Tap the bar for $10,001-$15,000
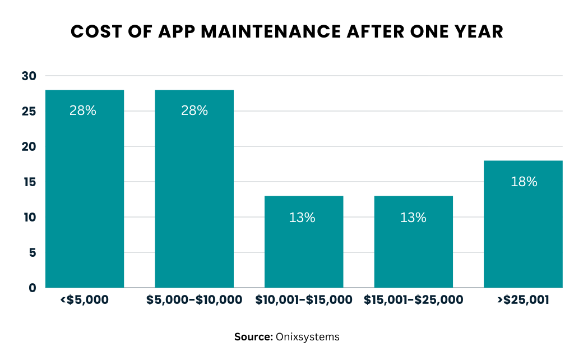[x=303, y=241]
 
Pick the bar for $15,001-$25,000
[x=413, y=241]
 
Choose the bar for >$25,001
[x=522, y=224]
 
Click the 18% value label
[x=524, y=182]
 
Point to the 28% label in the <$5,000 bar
[x=83, y=111]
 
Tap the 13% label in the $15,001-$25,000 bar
[x=413, y=218]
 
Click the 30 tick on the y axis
[x=29, y=76]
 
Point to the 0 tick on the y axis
[x=32, y=288]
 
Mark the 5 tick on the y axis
[x=32, y=252]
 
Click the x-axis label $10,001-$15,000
[x=303, y=301]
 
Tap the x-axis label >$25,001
[x=522, y=301]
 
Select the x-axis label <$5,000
[x=84, y=301]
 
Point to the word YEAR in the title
[x=475, y=32]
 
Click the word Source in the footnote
[x=253, y=337]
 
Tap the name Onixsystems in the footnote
[x=307, y=337]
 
